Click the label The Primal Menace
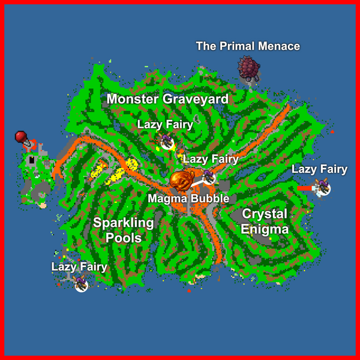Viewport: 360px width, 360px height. (248, 46)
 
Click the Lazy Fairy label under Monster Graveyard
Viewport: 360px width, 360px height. (165, 125)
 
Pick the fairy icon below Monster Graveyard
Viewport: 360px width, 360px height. (166, 142)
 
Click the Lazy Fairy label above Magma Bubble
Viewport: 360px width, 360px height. (211, 159)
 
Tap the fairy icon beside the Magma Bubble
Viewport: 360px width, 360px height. (209, 177)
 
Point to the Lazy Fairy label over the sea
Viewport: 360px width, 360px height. (320, 170)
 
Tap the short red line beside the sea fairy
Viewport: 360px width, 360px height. (305, 188)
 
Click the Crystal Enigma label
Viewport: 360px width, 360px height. (264, 221)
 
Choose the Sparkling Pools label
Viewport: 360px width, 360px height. (124, 230)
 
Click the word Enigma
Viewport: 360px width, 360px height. (264, 229)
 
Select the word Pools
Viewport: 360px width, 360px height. (124, 238)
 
